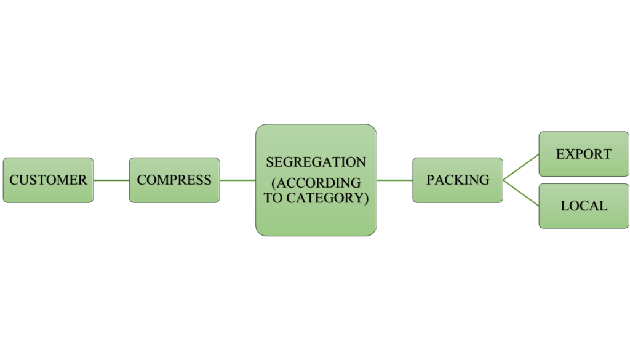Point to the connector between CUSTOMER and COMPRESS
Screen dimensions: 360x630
click(x=111, y=180)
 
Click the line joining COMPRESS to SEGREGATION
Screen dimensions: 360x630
click(x=237, y=180)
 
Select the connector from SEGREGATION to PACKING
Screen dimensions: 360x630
click(x=394, y=180)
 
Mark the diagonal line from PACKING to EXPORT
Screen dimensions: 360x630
click(x=521, y=167)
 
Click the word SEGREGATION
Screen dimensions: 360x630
click(x=316, y=162)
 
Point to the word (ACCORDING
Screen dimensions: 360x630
click(x=316, y=183)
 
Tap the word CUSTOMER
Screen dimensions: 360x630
click(x=48, y=180)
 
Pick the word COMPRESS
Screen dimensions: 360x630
click(x=174, y=180)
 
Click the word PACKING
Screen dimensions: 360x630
click(x=458, y=180)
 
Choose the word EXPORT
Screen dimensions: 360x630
click(x=583, y=154)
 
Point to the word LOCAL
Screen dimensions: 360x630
click(x=583, y=206)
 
